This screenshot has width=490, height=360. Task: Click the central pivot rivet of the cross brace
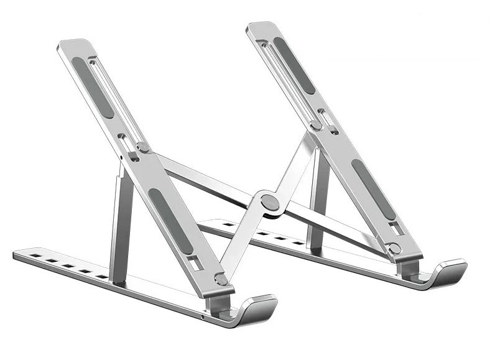(x=269, y=201)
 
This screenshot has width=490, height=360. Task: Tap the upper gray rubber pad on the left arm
(x=93, y=87)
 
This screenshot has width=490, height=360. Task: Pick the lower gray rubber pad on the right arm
(x=372, y=189)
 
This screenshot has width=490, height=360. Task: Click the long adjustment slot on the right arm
(x=284, y=75)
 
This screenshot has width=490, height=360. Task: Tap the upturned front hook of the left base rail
(x=257, y=309)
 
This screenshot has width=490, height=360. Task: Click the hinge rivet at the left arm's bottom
(x=220, y=279)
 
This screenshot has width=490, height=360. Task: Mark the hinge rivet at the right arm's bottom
(x=394, y=249)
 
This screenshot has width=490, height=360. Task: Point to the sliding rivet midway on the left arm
(x=142, y=147)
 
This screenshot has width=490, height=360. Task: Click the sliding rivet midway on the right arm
(x=316, y=125)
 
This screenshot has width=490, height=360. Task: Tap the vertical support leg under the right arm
(x=318, y=199)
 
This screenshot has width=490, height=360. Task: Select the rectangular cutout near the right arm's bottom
(x=397, y=229)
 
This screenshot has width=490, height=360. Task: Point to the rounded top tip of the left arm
(x=75, y=45)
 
